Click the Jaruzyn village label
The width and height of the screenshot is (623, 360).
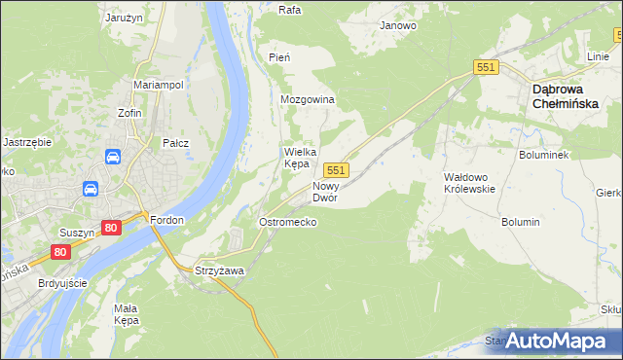[126, 17]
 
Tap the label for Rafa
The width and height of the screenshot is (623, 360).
[289, 11]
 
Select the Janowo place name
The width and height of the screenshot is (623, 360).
[398, 25]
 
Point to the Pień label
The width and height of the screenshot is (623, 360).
[279, 57]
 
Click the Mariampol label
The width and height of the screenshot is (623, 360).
[159, 85]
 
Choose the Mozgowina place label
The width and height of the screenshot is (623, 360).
[308, 100]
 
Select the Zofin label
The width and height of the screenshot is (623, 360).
[130, 113]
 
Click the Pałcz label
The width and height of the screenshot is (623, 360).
[175, 143]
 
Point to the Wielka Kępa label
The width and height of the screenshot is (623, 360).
[297, 158]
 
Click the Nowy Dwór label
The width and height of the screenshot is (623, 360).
[325, 191]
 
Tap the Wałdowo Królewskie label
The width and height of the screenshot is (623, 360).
[469, 183]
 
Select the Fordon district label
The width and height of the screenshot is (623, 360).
[167, 220]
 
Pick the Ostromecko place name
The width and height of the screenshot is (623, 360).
[286, 222]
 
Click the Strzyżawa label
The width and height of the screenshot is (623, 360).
[218, 270]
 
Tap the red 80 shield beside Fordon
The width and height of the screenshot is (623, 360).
[110, 228]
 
